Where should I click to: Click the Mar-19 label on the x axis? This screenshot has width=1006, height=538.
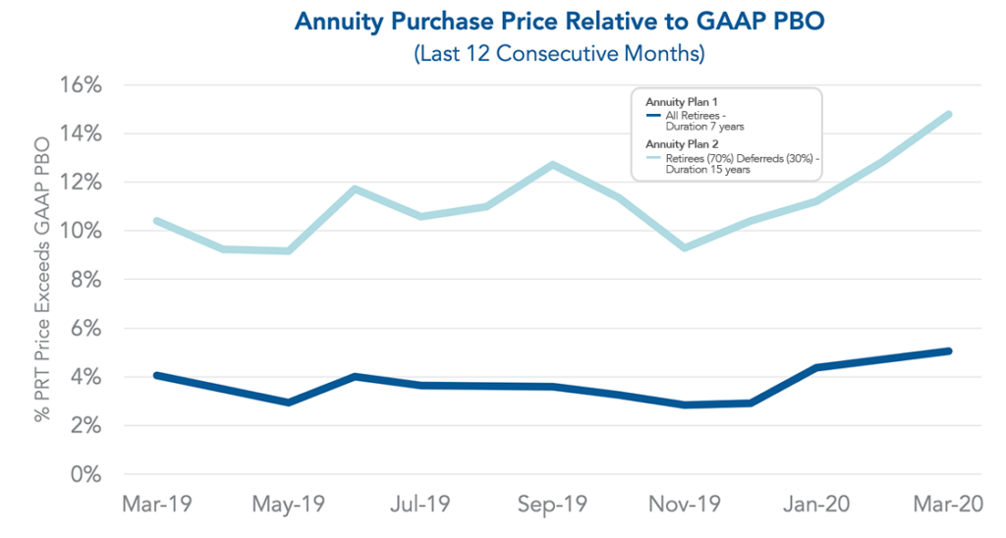[156, 505]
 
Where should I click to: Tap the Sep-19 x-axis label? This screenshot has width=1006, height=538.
[553, 505]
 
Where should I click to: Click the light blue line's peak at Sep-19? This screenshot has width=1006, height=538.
[553, 164]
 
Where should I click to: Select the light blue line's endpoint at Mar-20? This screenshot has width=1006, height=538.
[949, 114]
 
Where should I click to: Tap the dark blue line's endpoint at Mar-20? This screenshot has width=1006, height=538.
[949, 350]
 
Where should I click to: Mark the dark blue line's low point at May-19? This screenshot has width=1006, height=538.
[288, 403]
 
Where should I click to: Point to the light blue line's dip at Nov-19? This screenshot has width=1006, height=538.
[685, 247]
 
